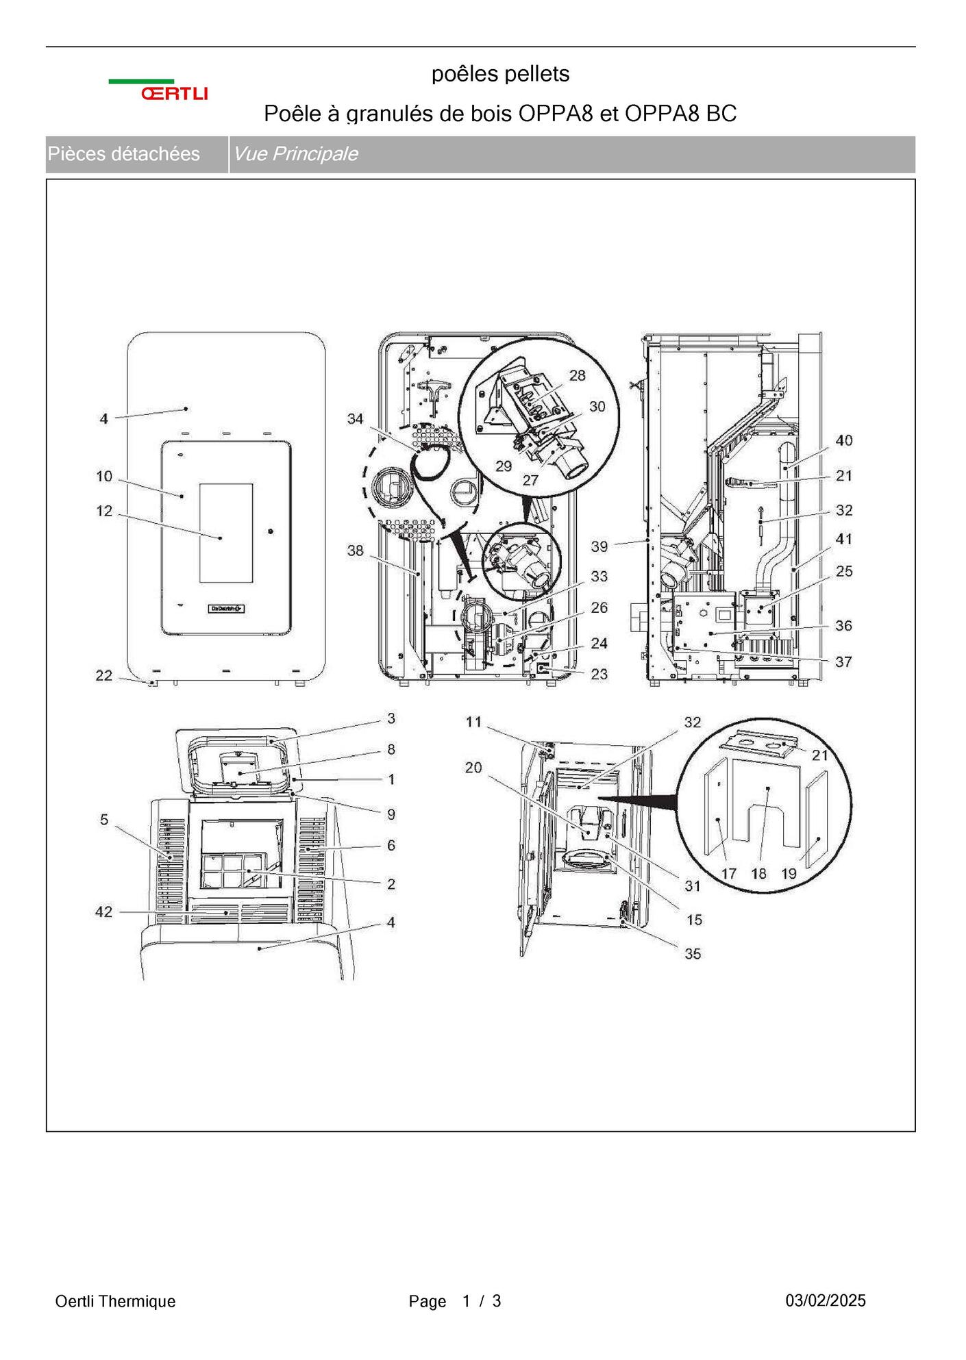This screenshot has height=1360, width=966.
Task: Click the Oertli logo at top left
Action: click(158, 90)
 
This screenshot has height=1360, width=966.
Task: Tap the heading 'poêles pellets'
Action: click(500, 74)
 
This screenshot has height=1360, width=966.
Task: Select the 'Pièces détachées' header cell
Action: click(123, 153)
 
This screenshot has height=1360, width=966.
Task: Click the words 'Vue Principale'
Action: click(295, 153)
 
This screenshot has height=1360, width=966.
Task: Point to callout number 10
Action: click(104, 477)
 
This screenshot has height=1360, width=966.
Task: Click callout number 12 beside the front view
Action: click(104, 511)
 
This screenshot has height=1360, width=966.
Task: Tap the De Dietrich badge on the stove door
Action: click(227, 609)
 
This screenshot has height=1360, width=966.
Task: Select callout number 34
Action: click(355, 418)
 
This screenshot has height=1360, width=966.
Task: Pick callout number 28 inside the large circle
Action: click(578, 375)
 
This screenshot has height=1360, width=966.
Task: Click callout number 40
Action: click(844, 440)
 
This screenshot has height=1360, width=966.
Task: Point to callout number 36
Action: click(844, 625)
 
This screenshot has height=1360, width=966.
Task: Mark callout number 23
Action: click(599, 674)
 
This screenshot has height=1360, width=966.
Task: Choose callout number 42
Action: click(104, 911)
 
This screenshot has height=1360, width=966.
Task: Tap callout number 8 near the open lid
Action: click(391, 749)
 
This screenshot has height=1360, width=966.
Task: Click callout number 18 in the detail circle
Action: click(758, 873)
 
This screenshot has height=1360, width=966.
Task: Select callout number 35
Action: click(693, 953)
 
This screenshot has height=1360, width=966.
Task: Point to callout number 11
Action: click(473, 722)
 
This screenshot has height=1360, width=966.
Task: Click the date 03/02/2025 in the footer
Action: click(826, 1300)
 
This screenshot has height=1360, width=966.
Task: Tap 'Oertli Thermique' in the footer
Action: click(115, 1301)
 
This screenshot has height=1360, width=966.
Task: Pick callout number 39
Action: click(599, 546)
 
